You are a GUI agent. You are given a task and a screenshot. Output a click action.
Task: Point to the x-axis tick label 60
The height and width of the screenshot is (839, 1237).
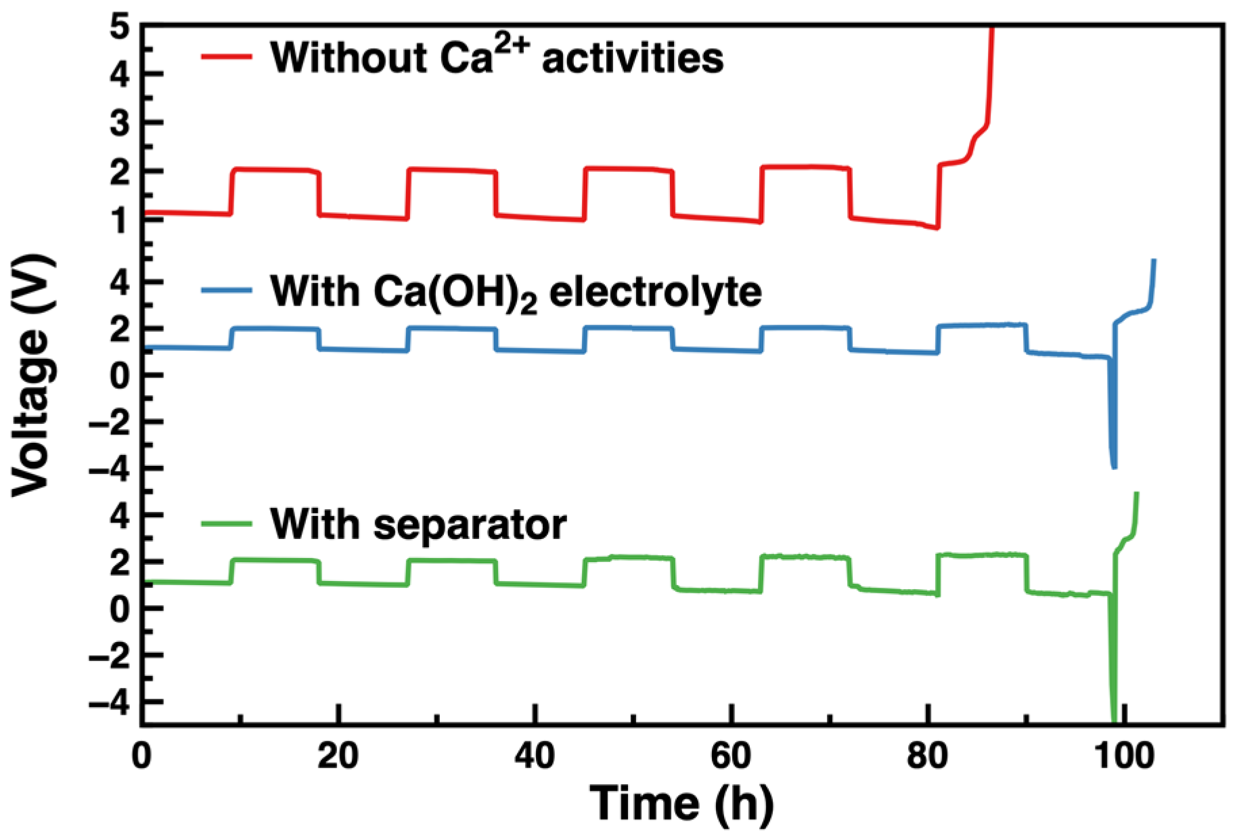point(732,756)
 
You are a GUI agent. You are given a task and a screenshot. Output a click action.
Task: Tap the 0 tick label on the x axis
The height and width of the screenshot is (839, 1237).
point(142,756)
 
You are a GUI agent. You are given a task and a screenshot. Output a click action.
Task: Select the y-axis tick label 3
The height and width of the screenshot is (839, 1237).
point(122,124)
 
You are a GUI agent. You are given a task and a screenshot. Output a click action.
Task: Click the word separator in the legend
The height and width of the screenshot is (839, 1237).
point(469,525)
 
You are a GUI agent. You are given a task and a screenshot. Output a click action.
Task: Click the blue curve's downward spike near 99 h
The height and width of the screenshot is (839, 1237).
point(1112,433)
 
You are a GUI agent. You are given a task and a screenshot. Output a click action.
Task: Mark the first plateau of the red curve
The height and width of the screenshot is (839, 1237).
point(274,169)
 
